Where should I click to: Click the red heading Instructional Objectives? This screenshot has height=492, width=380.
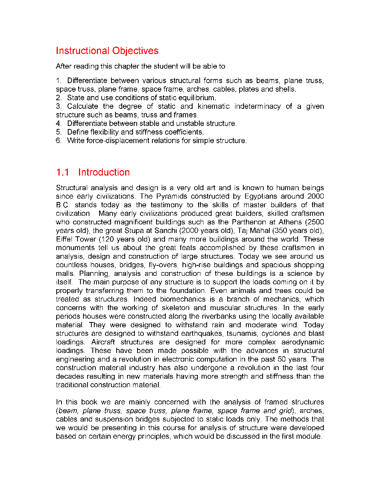[107, 51]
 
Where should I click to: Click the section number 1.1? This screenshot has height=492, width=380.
[63, 172]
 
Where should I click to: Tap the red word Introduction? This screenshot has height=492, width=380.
[104, 172]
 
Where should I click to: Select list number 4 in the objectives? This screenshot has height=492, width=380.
[58, 123]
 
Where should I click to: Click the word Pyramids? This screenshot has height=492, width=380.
[171, 196]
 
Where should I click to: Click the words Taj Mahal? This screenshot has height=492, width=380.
[254, 230]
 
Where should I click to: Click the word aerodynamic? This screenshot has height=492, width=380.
[303, 342]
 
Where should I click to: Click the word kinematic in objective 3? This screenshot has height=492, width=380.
[213, 106]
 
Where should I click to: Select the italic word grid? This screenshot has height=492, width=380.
[286, 410]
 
